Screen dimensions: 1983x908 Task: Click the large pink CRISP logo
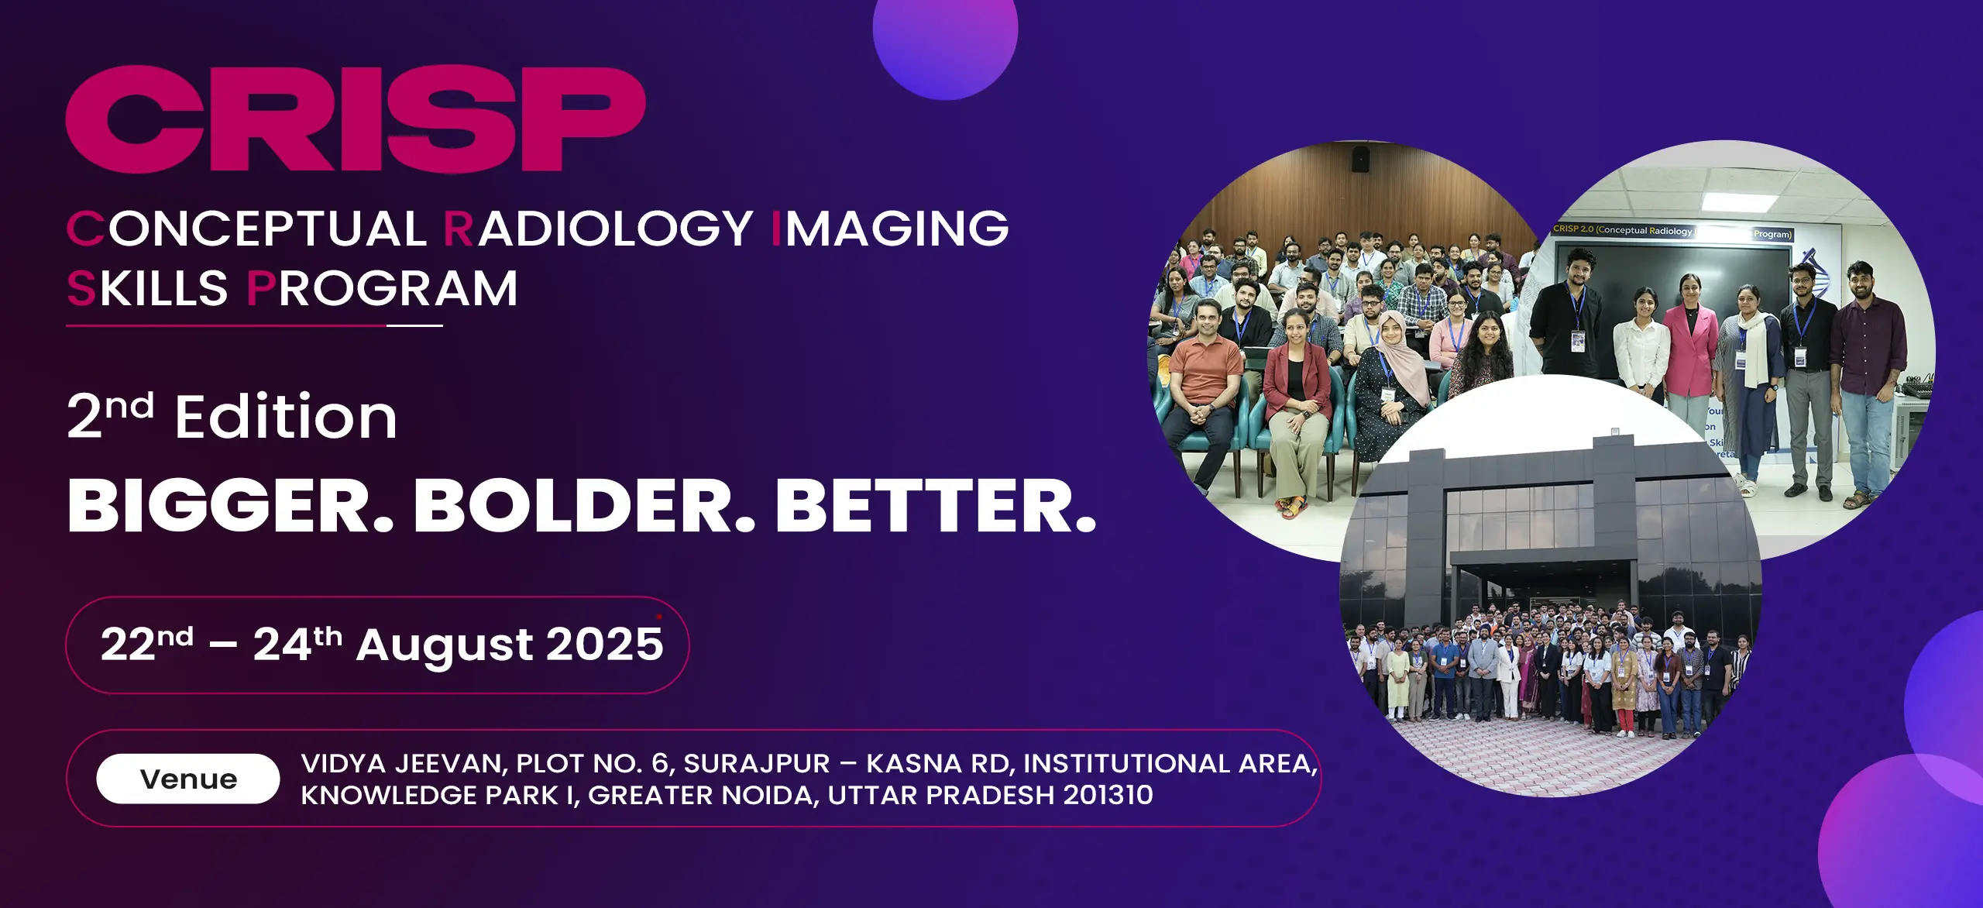click(x=356, y=119)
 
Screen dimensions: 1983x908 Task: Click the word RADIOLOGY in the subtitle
click(x=598, y=229)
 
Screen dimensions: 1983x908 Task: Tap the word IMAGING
click(x=891, y=229)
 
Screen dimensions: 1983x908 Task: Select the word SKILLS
click(x=147, y=289)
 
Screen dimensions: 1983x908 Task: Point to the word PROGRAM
click(x=382, y=289)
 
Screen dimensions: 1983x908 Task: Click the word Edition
click(x=286, y=417)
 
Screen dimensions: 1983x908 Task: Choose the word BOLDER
click(x=584, y=506)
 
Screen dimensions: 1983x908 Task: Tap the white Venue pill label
click(x=188, y=779)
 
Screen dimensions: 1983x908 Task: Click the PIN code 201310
click(x=1108, y=795)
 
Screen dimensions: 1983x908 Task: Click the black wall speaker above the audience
click(x=1360, y=159)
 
